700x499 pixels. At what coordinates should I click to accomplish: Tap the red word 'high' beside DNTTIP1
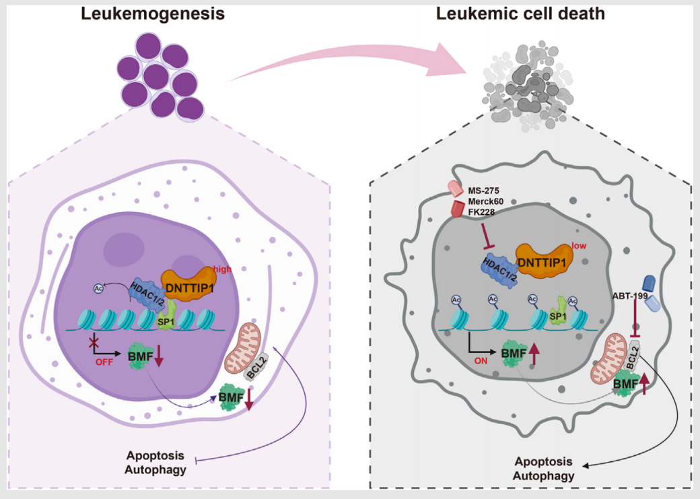221,269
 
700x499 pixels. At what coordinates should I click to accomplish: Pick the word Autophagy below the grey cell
544,475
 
